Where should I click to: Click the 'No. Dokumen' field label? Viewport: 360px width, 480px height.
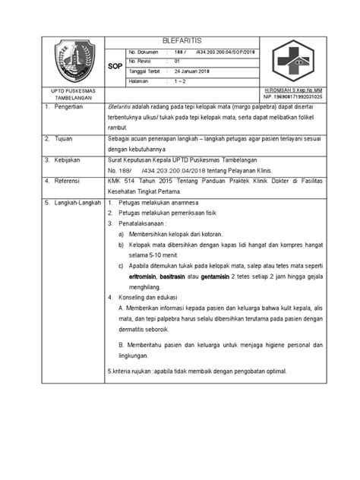pyautogui.click(x=143, y=49)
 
